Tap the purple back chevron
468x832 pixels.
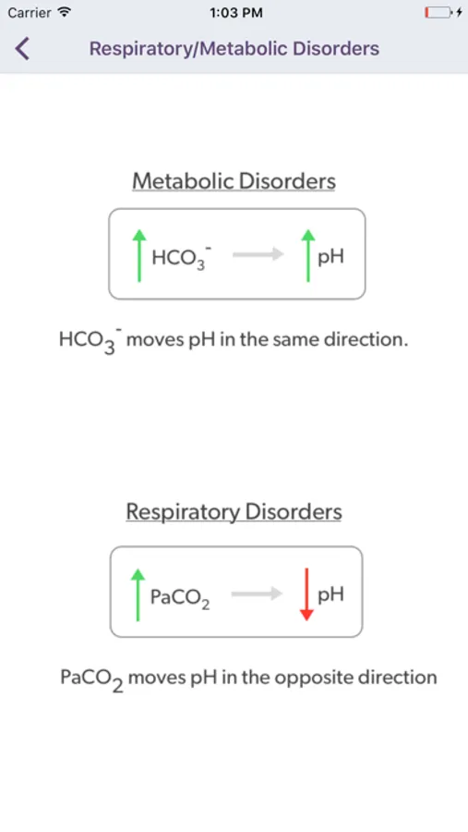pos(22,49)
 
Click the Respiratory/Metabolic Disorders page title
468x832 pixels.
pos(234,49)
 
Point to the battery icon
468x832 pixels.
pos(438,13)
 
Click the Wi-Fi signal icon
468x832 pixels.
pos(64,12)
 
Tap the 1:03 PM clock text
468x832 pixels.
pos(236,13)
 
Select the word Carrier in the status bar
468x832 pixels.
pos(30,13)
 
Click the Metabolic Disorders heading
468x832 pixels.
pos(234,181)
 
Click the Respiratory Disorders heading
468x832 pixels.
pos(234,512)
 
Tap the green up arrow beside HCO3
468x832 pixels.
pos(138,255)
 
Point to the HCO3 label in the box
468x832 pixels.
pos(178,257)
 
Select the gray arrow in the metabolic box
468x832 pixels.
pos(258,255)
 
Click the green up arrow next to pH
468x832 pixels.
pos(308,255)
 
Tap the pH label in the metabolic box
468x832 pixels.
pos(330,257)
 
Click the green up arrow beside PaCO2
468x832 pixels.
pos(138,594)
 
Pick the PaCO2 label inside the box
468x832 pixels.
pos(180,598)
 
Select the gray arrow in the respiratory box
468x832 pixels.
pos(257,593)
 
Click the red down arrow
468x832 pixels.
pos(306,594)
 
